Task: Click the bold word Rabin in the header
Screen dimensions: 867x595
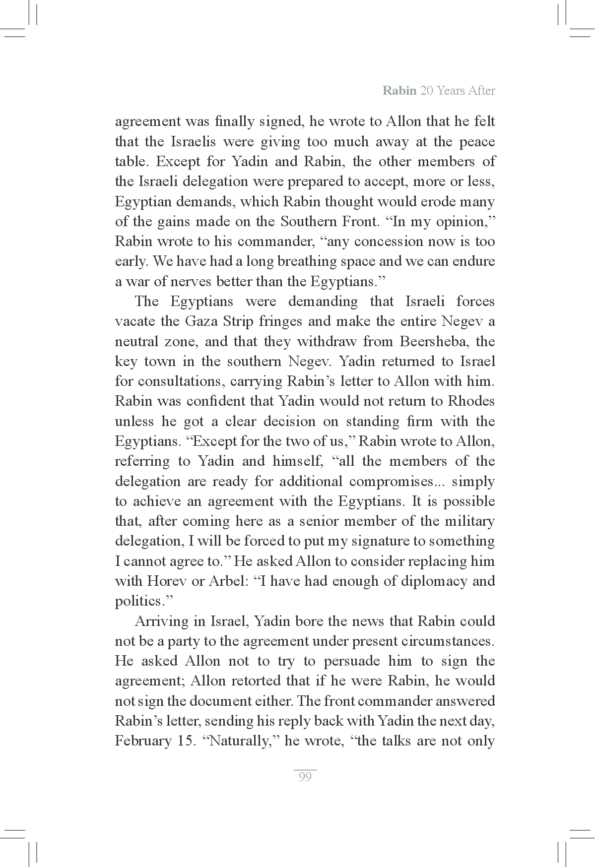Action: (399, 91)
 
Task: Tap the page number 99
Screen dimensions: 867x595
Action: (305, 777)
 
